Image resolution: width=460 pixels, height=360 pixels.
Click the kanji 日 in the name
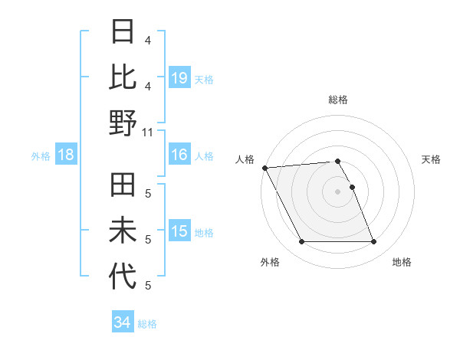(x=123, y=32)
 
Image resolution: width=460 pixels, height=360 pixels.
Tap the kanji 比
(x=123, y=77)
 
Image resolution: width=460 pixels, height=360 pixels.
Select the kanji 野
(x=123, y=123)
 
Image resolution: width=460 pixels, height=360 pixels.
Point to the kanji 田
(x=123, y=187)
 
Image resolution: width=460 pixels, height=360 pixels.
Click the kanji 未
(x=123, y=231)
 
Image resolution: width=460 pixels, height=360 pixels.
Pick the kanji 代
(x=123, y=277)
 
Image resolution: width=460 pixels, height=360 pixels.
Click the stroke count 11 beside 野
(x=148, y=131)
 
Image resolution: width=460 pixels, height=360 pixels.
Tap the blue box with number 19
(x=179, y=77)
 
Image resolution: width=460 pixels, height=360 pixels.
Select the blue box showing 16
(x=179, y=155)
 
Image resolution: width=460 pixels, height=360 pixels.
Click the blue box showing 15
(x=179, y=231)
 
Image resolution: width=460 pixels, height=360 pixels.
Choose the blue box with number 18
(x=66, y=155)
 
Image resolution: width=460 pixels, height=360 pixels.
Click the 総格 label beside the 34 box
(x=147, y=323)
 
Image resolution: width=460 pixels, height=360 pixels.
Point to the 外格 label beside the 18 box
(x=41, y=155)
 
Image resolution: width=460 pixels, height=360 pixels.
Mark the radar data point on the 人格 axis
(x=264, y=168)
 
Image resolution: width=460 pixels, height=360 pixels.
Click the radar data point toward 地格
(x=373, y=242)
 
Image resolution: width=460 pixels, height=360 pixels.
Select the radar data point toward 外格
(x=301, y=242)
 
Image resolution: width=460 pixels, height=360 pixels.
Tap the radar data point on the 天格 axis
(x=352, y=187)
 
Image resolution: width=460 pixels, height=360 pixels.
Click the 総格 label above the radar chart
(x=337, y=100)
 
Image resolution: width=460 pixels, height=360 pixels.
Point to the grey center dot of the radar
(x=337, y=191)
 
